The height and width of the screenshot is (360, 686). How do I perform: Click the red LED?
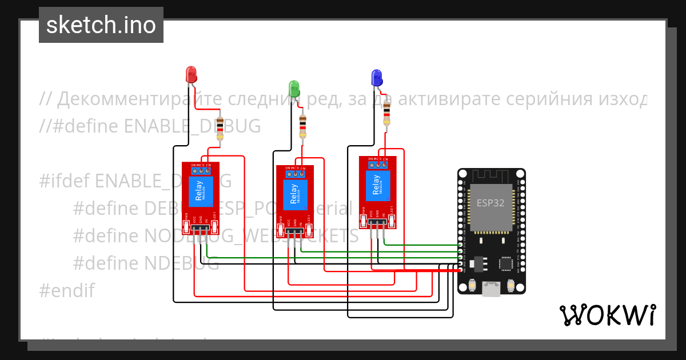click(191, 74)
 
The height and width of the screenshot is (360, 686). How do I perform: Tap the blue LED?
click(377, 77)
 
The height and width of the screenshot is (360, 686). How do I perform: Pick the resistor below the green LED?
click(303, 126)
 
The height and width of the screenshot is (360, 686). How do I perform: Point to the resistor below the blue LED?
click(387, 113)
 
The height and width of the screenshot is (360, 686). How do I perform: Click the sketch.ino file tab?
click(101, 25)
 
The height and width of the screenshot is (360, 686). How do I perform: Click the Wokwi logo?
click(607, 315)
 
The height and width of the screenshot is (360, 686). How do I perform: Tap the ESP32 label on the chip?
click(490, 202)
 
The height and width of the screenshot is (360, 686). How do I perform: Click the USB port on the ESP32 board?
click(491, 288)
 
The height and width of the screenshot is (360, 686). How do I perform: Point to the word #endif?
click(66, 291)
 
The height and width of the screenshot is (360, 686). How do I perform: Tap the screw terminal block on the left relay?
click(201, 169)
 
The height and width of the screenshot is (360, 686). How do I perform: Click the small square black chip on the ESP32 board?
click(506, 263)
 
